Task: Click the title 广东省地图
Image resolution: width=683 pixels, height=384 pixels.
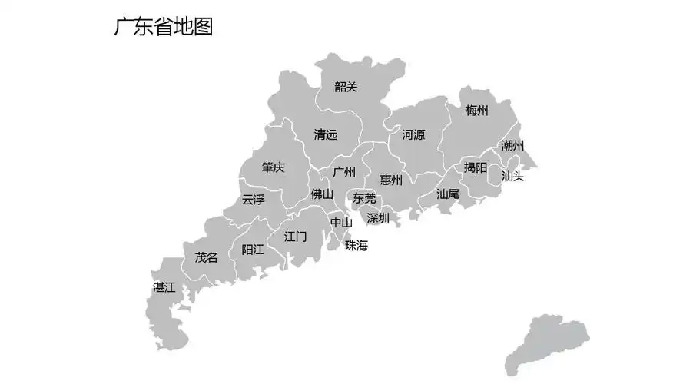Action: pyautogui.click(x=163, y=27)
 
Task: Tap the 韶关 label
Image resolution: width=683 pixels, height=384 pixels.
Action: pyautogui.click(x=346, y=88)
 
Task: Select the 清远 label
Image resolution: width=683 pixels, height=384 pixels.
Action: pyautogui.click(x=325, y=135)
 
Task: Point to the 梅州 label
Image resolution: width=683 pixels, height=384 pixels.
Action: pyautogui.click(x=476, y=111)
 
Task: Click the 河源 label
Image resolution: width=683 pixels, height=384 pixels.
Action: pyautogui.click(x=413, y=135)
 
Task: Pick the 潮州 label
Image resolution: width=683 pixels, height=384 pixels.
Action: pyautogui.click(x=512, y=145)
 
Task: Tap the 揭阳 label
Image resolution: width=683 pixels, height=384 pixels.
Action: pyautogui.click(x=476, y=167)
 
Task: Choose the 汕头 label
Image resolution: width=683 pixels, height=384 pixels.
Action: pyautogui.click(x=512, y=176)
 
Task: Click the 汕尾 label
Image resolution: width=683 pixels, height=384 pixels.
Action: pyautogui.click(x=448, y=194)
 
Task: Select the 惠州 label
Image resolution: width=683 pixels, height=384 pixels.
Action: pyautogui.click(x=391, y=181)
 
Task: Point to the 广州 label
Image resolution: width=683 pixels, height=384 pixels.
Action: pyautogui.click(x=343, y=172)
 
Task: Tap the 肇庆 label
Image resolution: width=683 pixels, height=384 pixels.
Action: pyautogui.click(x=273, y=168)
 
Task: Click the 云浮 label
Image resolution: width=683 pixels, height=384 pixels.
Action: pyautogui.click(x=254, y=200)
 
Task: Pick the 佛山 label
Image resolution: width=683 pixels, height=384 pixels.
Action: pyautogui.click(x=322, y=195)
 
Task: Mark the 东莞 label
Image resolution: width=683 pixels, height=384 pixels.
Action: pyautogui.click(x=364, y=198)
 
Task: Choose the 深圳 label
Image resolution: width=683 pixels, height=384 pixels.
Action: pyautogui.click(x=378, y=219)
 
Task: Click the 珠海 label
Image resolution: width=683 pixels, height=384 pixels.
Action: pyautogui.click(x=356, y=246)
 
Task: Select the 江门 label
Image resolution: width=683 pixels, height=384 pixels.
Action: pyautogui.click(x=295, y=237)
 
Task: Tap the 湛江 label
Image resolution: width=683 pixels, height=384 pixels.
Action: pyautogui.click(x=164, y=288)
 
